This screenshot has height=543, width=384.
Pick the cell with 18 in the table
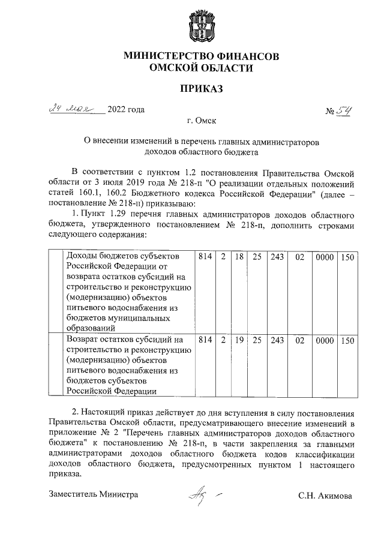(x=238, y=257)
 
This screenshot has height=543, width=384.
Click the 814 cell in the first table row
(x=205, y=257)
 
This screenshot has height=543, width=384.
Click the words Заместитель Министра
(x=93, y=495)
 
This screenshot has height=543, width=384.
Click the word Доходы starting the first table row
(x=83, y=257)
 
